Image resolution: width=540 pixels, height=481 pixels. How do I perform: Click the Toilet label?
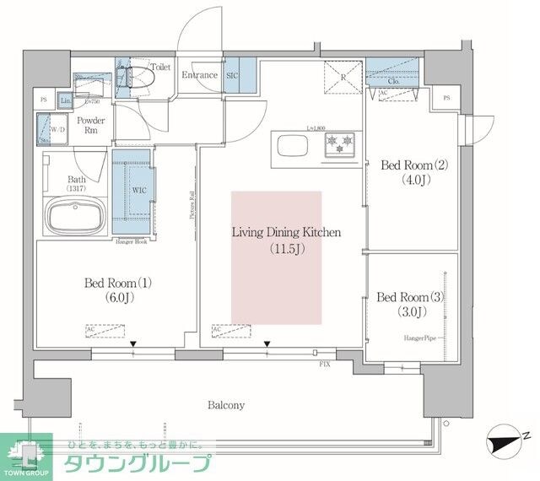pos(161,65)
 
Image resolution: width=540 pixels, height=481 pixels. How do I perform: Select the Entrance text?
pos(201,75)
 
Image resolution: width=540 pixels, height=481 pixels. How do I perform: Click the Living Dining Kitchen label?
pos(287,240)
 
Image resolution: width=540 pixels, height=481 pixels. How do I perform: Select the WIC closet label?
pos(140,190)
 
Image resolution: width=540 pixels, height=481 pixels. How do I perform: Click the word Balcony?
pos(226,405)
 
